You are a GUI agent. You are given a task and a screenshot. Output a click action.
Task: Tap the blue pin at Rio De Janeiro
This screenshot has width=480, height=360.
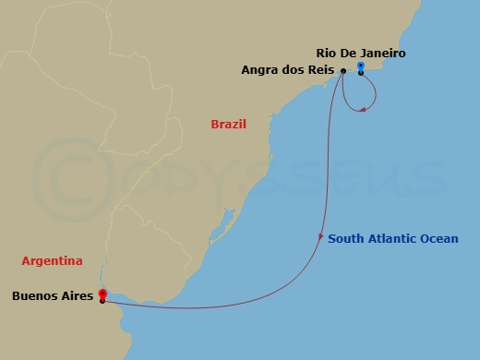360,66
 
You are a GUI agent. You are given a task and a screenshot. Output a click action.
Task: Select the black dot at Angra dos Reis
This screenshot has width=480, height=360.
342,71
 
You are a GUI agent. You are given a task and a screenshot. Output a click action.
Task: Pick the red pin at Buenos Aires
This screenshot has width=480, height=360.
101,294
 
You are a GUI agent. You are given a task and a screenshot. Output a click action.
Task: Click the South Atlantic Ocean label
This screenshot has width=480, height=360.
392,239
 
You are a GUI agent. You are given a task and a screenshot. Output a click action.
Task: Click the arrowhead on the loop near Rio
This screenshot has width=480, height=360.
364,110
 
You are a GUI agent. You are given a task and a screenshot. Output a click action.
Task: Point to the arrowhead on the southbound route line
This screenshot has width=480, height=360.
321,235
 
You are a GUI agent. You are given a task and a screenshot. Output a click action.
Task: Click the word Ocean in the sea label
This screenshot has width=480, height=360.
438,239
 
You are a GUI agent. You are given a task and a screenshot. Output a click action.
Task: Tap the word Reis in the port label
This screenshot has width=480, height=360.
319,70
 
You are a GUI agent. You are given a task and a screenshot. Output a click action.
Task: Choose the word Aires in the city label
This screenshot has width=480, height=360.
77,296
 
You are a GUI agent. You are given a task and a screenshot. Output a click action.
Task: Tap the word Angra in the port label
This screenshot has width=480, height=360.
259,70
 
